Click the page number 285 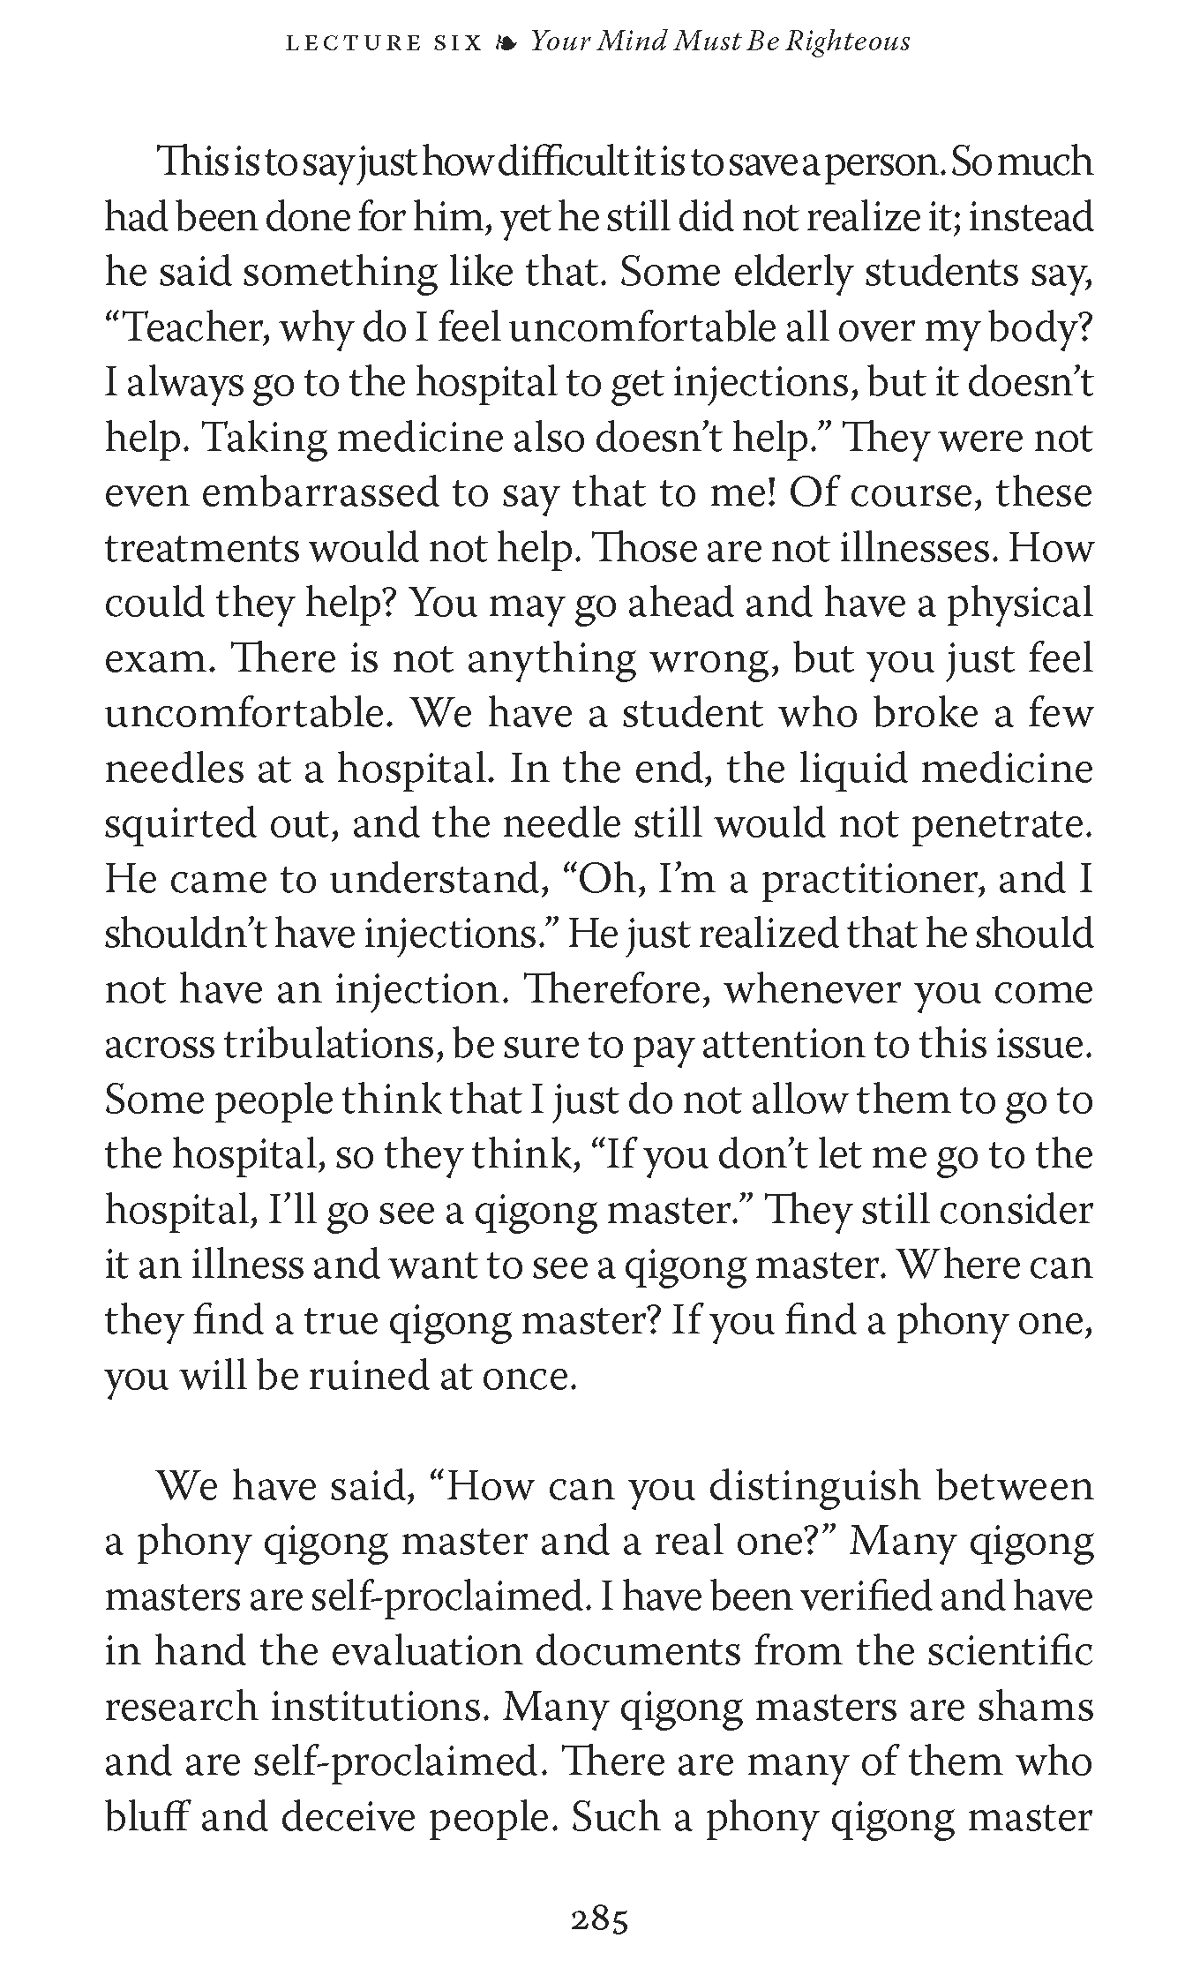(599, 1920)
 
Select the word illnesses (918, 549)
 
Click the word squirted (180, 824)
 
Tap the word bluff (147, 1818)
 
